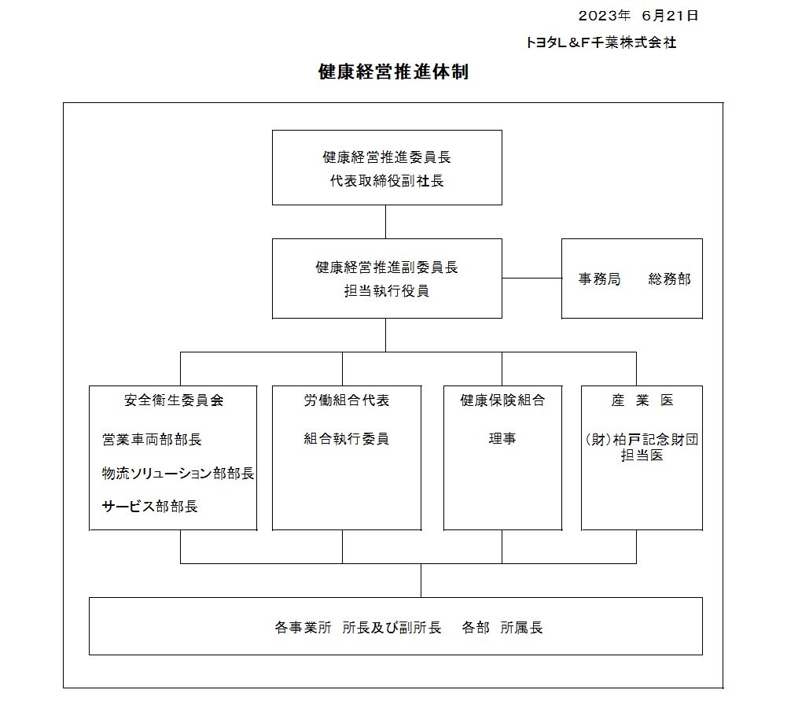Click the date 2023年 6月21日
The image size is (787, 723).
tap(638, 16)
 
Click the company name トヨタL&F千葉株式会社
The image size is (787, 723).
tap(601, 42)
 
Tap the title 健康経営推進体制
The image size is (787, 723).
tap(393, 72)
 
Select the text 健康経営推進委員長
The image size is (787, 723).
tap(387, 157)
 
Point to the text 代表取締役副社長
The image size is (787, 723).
tap(387, 181)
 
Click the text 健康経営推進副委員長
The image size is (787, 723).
tap(387, 267)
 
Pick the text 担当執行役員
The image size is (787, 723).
tap(387, 291)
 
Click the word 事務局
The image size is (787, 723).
tap(599, 279)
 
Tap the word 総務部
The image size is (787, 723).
tap(670, 279)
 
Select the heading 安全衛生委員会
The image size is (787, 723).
tap(174, 400)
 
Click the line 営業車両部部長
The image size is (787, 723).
tap(152, 439)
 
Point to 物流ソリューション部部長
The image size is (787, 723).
tap(178, 473)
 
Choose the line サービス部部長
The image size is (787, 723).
tap(149, 506)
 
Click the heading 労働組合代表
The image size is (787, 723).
tap(346, 400)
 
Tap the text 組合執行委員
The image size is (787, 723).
tap(346, 438)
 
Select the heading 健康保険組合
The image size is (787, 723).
tap(502, 400)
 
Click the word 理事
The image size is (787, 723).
tap(502, 438)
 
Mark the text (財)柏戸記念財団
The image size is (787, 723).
tap(642, 439)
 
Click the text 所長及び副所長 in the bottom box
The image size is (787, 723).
tap(392, 628)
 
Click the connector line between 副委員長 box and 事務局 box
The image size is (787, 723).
tap(531, 279)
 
